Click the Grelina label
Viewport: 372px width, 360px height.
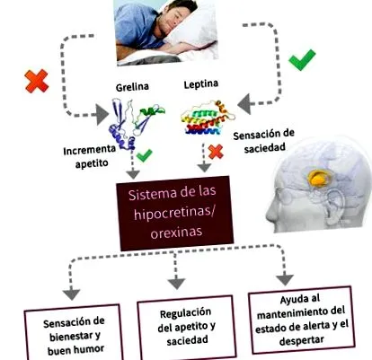pos(132,87)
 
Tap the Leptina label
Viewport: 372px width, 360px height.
pos(200,84)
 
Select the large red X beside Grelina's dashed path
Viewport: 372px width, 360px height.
pos(37,81)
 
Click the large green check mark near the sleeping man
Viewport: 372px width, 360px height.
pos(302,59)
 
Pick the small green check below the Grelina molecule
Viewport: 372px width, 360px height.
pos(145,155)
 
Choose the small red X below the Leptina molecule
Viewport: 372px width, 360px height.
pos(216,152)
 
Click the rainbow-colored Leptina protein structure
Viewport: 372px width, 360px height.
pos(208,118)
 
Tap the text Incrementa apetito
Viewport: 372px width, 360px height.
pos(90,156)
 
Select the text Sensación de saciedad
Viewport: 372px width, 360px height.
pos(264,141)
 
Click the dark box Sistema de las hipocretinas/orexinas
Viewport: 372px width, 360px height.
pos(175,213)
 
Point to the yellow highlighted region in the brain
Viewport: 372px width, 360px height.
pos(319,178)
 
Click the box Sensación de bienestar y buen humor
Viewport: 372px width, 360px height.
pos(74,332)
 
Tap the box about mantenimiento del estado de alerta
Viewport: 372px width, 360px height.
pos(302,320)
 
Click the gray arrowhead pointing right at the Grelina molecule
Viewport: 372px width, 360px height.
pos(102,114)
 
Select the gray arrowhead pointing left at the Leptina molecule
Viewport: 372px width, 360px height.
pos(244,104)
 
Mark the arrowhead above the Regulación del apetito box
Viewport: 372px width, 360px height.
pos(176,284)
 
